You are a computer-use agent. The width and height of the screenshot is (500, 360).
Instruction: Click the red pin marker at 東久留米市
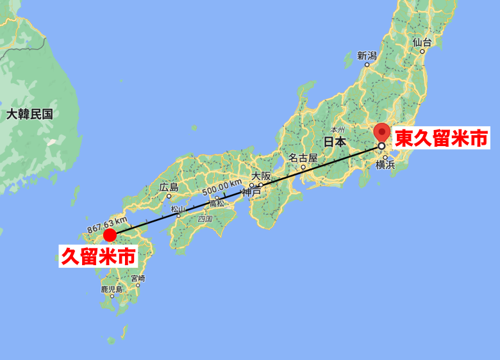382,133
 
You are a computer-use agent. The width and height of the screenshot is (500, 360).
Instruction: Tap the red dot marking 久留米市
110,234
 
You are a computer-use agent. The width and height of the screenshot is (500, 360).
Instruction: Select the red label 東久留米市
441,138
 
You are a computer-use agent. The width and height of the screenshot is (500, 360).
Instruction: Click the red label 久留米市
98,257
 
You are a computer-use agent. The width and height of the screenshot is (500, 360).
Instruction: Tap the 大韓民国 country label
29,115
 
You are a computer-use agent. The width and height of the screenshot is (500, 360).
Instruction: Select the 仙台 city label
422,42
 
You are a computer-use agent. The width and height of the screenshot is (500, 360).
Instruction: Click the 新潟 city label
367,55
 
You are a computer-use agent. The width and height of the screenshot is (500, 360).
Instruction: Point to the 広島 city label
169,188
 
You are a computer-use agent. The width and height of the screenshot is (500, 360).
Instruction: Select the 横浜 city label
385,165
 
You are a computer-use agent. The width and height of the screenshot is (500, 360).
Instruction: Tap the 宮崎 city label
138,279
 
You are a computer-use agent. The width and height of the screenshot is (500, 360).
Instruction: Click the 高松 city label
217,203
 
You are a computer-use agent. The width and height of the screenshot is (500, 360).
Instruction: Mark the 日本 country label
334,142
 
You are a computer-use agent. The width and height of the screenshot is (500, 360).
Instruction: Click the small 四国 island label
205,218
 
